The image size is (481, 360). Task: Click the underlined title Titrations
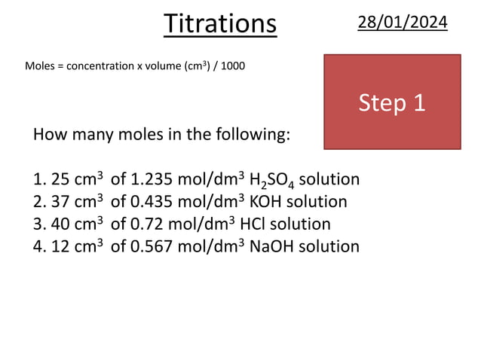[x=220, y=23]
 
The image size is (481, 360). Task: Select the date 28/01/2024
[x=402, y=23]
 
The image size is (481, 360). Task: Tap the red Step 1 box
[x=392, y=102]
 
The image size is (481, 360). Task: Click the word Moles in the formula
[x=39, y=66]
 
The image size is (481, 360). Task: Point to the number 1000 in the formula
[x=232, y=66]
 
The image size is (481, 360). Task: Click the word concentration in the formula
[x=100, y=66]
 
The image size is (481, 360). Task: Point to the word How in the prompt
[x=48, y=136]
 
